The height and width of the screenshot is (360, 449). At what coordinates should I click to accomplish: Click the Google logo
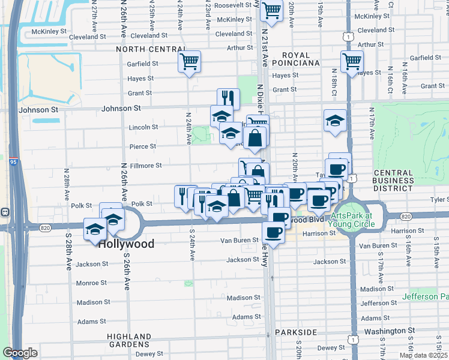click(x=20, y=352)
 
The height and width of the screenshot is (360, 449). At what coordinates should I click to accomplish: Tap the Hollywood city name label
click(x=126, y=244)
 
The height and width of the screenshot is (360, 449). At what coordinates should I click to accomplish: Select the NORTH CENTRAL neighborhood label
click(x=151, y=49)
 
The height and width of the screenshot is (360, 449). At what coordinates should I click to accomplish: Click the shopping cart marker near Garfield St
click(x=190, y=61)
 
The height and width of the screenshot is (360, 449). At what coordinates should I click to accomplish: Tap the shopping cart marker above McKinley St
click(x=271, y=10)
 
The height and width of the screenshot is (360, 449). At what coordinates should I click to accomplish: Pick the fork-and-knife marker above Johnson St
click(x=228, y=98)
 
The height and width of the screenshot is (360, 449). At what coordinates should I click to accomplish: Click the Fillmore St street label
click(x=146, y=166)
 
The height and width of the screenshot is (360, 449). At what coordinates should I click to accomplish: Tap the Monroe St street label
click(x=92, y=283)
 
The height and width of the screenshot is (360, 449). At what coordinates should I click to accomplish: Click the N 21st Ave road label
click(x=264, y=38)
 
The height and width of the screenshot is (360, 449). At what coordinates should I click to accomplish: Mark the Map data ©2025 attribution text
click(x=423, y=355)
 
